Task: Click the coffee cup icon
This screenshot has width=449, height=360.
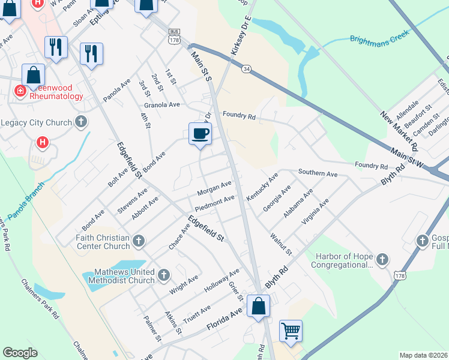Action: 200,133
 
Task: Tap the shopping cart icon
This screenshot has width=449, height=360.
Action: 291,331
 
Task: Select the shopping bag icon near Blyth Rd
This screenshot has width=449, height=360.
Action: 258,307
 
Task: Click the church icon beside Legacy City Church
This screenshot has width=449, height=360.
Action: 81,122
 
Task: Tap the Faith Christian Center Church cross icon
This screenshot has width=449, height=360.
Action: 139,241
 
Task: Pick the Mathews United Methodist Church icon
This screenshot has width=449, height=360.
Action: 164,275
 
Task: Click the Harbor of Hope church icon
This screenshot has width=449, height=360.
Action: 382,260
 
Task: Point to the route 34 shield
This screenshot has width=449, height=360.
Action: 247,70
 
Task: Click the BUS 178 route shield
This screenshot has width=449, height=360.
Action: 175,37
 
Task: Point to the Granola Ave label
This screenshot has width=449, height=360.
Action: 158,104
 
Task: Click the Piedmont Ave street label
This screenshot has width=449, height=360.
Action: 214,202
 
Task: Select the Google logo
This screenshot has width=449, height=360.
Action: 20,353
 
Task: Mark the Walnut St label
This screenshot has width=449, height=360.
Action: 280,244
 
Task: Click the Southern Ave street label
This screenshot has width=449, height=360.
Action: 318,173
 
